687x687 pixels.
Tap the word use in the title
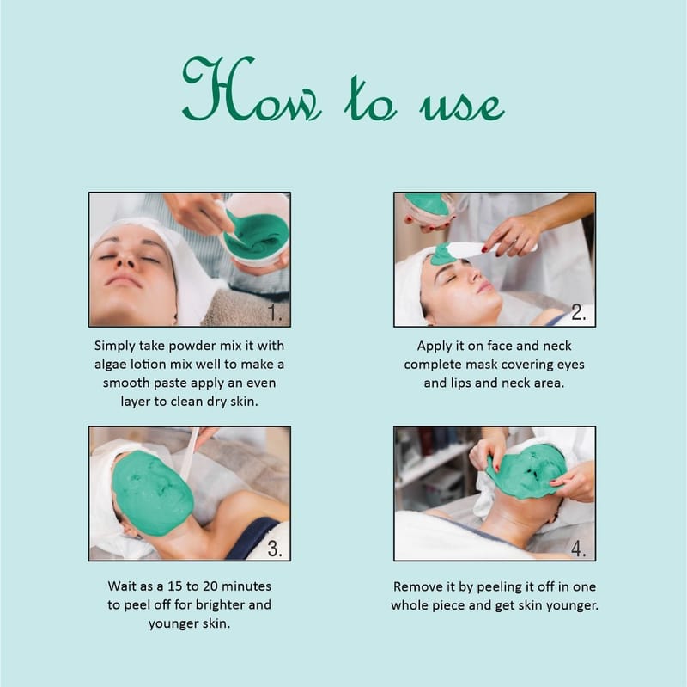[462, 105]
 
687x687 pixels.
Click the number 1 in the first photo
[274, 313]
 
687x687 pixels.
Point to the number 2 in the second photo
[578, 312]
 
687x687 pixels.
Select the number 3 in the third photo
[275, 549]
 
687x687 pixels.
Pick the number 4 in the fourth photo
[578, 549]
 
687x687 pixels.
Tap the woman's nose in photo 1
[127, 259]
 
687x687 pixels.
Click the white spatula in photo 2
[490, 249]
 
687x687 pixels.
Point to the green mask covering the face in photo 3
[151, 492]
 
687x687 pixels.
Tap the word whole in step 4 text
[410, 605]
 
